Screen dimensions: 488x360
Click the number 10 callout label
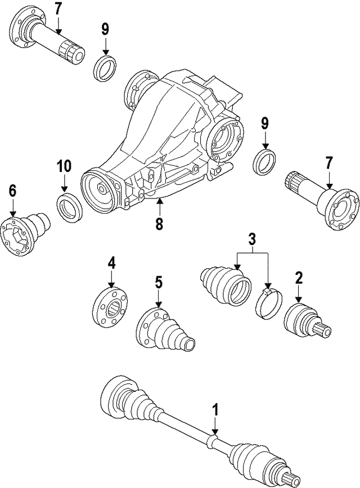pyautogui.click(x=64, y=166)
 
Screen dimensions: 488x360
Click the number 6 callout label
pyautogui.click(x=12, y=191)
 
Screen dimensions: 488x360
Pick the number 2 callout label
pyautogui.click(x=299, y=277)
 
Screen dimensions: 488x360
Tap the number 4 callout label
pyautogui.click(x=111, y=263)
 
